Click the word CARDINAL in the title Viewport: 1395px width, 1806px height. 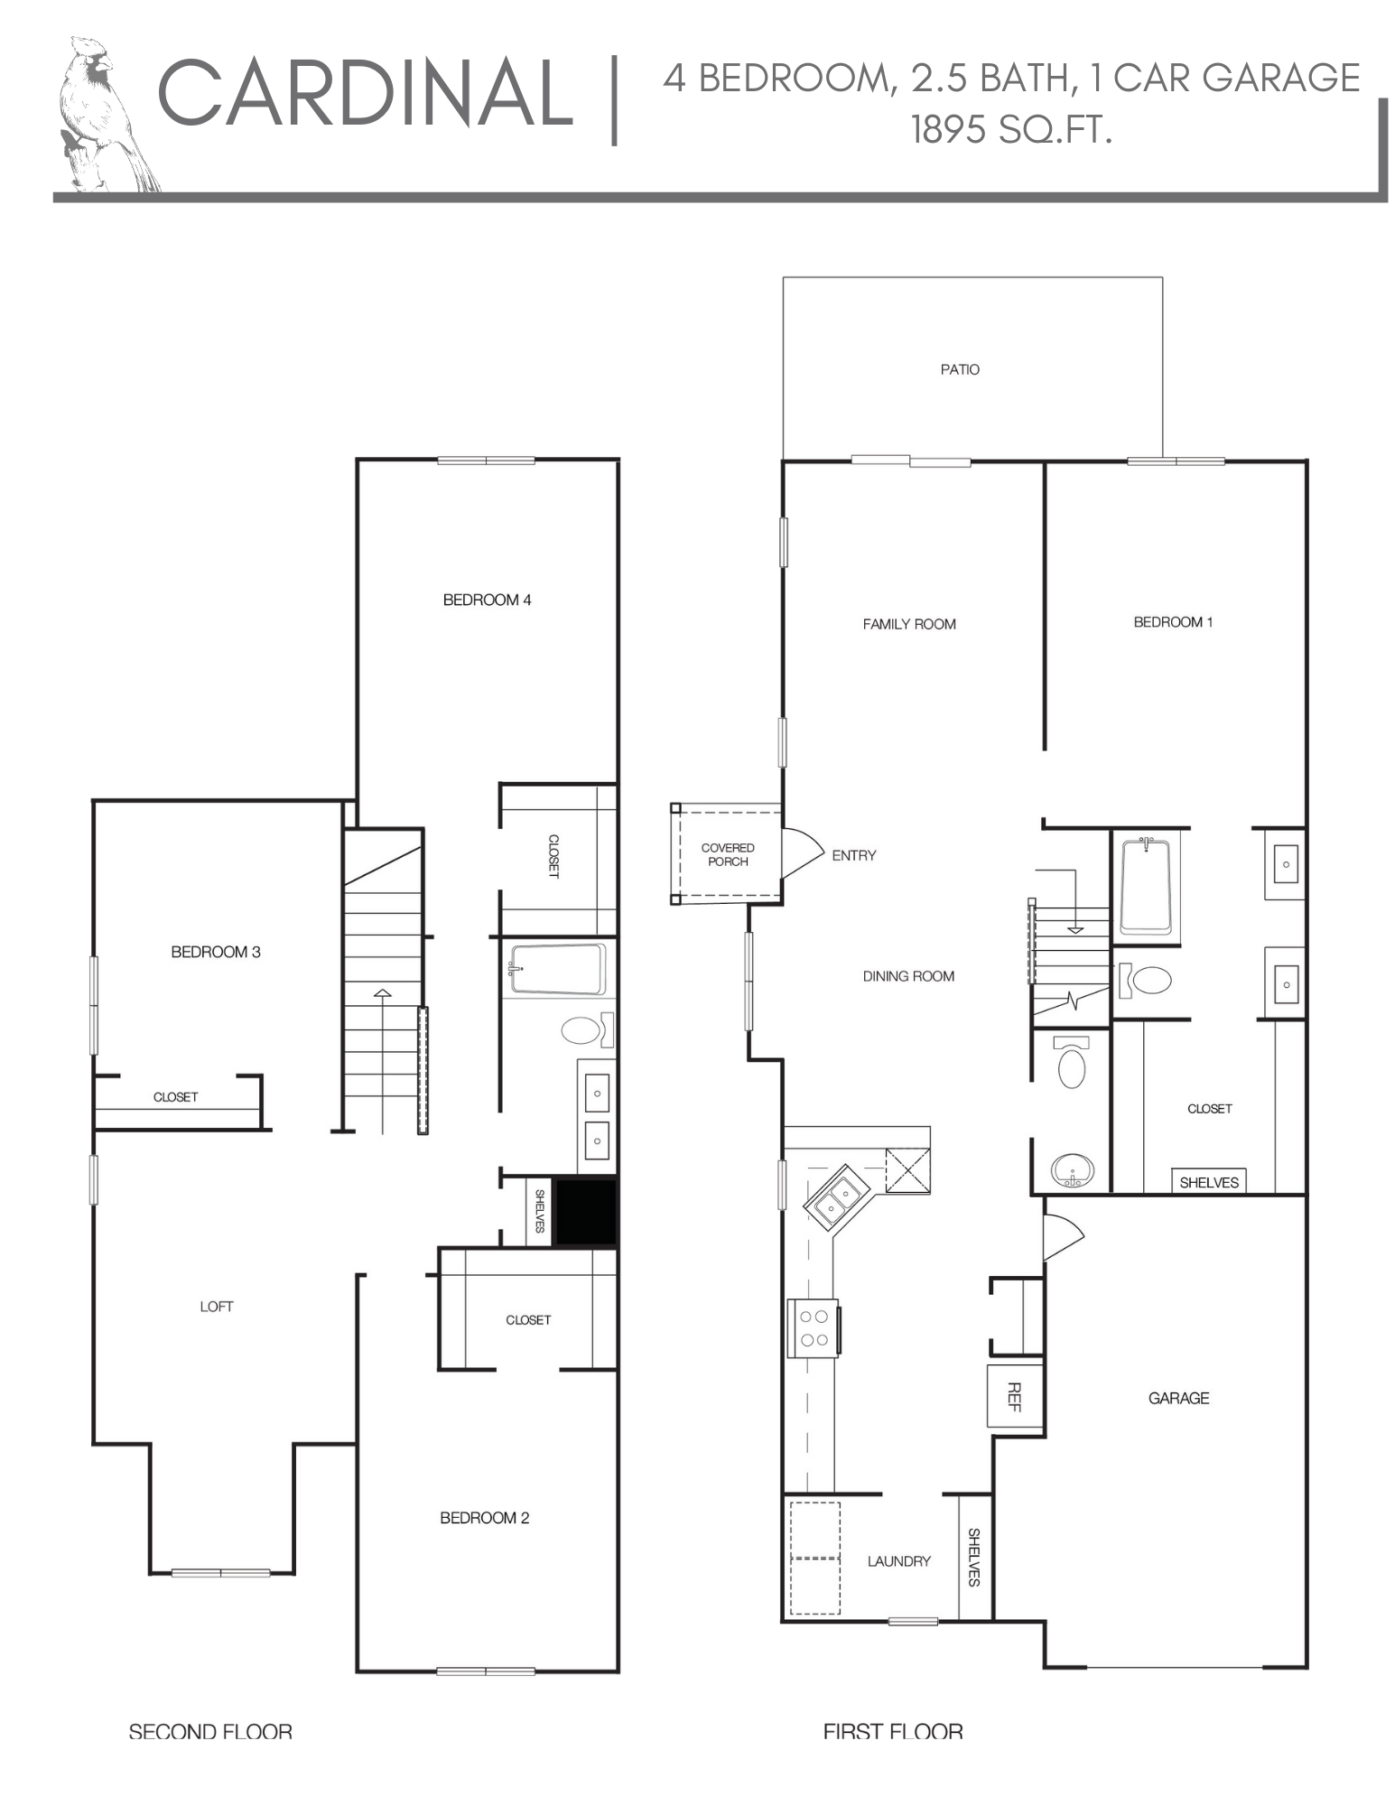(365, 93)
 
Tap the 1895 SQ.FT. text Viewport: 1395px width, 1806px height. (1010, 130)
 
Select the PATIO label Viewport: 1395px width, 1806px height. (959, 369)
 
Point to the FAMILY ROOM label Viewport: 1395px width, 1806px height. (908, 624)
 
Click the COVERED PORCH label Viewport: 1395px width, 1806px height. (727, 854)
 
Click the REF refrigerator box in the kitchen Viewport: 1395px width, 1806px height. (1014, 1396)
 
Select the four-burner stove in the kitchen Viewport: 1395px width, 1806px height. (814, 1327)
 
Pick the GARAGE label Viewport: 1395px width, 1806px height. (1177, 1398)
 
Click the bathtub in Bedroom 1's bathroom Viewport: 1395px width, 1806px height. (1145, 886)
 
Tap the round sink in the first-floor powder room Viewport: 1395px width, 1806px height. (1073, 1171)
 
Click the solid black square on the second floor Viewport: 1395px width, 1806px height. (584, 1213)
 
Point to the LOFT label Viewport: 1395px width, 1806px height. (217, 1307)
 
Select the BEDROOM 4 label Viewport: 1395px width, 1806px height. (487, 600)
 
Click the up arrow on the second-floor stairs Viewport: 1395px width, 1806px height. (383, 994)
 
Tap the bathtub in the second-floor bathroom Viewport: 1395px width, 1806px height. (557, 969)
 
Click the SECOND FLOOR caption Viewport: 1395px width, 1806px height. (210, 1731)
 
